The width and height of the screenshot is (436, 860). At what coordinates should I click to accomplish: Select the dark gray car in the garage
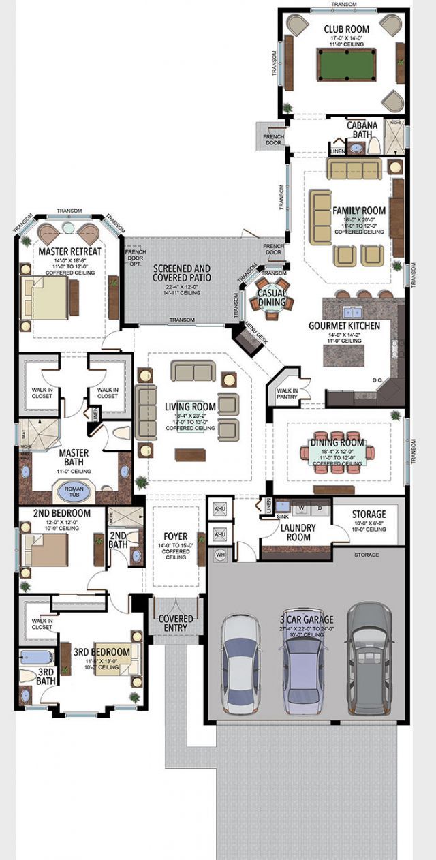click(369, 658)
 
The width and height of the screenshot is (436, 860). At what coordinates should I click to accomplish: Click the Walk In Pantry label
click(289, 393)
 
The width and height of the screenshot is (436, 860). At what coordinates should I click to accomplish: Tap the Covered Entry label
click(175, 624)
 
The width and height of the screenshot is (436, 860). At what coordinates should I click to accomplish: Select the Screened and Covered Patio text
click(181, 273)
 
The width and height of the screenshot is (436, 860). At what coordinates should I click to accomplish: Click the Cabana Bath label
click(362, 130)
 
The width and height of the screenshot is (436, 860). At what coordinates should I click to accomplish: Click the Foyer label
click(175, 536)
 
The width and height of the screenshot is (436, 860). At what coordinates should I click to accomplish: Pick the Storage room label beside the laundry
click(369, 514)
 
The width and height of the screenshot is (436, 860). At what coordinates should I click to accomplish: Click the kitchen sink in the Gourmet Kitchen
click(353, 313)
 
